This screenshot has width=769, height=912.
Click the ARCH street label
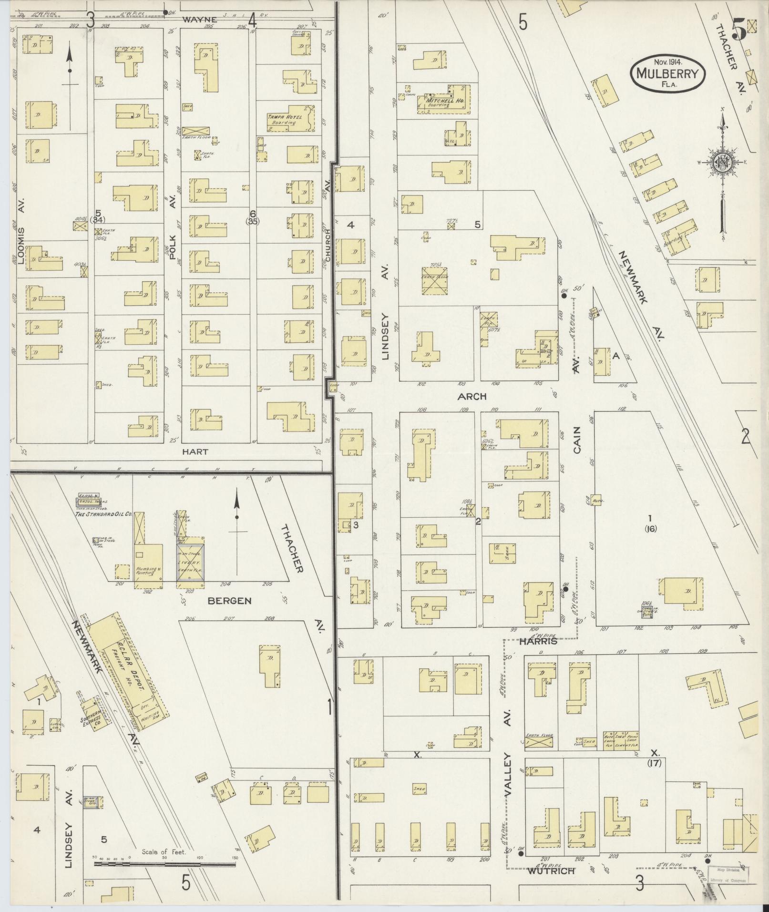[472, 397]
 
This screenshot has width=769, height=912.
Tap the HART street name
[195, 451]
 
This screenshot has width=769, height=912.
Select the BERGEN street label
[229, 601]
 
